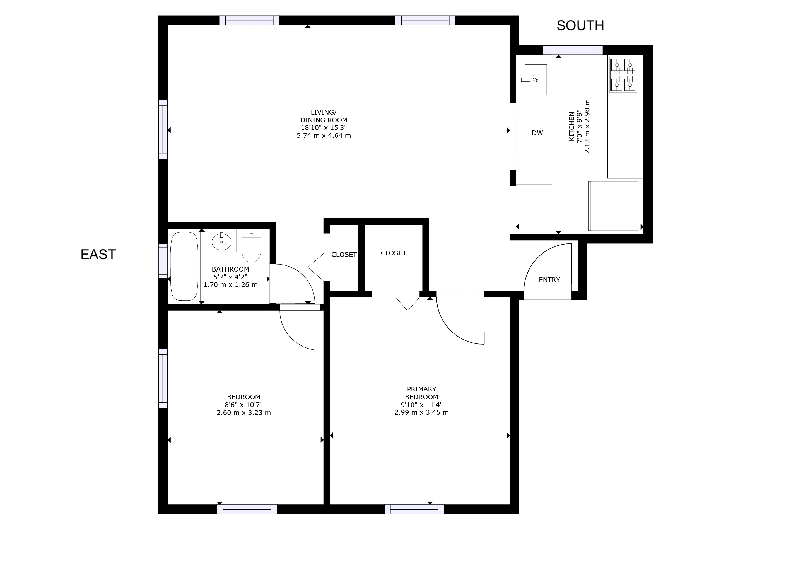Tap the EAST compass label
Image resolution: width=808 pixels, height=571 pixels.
click(98, 254)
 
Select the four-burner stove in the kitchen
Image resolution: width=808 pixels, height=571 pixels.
click(623, 75)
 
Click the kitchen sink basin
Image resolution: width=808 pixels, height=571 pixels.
click(536, 79)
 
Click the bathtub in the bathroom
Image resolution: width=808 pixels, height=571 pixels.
click(184, 266)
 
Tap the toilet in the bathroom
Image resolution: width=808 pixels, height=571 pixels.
click(251, 246)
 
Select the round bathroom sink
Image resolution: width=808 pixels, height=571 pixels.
click(221, 241)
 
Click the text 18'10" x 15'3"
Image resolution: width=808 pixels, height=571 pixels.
click(324, 128)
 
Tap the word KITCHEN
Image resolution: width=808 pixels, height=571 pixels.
click(571, 127)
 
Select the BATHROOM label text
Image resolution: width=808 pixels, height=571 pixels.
click(230, 269)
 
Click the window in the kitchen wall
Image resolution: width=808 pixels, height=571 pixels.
click(573, 50)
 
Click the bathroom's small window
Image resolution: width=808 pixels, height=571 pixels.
click(163, 261)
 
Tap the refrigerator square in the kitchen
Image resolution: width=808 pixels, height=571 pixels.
click(613, 206)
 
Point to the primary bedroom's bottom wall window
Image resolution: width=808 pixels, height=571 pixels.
click(414, 509)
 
